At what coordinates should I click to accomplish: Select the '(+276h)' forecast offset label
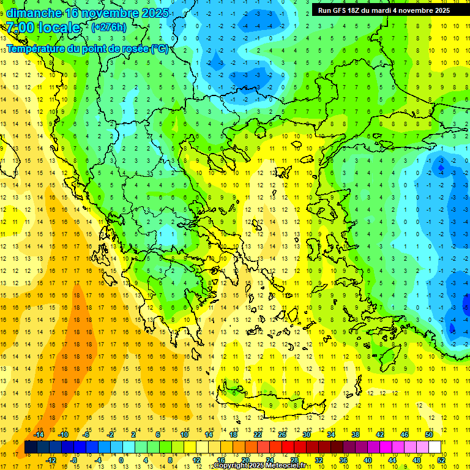pos(109,28)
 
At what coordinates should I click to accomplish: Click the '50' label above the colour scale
pos(428,435)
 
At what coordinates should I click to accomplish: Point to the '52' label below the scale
pos(441,460)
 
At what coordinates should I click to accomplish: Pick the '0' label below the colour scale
pos(121,460)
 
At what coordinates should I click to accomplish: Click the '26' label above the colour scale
pos(282,435)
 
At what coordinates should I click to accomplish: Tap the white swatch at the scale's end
pos(435,447)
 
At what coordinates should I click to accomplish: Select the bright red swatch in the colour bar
pos(288,447)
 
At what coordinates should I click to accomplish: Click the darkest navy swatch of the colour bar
pos(31,447)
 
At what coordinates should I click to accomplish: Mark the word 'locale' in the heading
pos(58,28)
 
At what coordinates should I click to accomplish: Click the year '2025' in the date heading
pos(151,12)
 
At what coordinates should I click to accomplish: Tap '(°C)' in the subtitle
pos(159,48)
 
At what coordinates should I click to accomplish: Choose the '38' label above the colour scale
pos(355,435)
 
